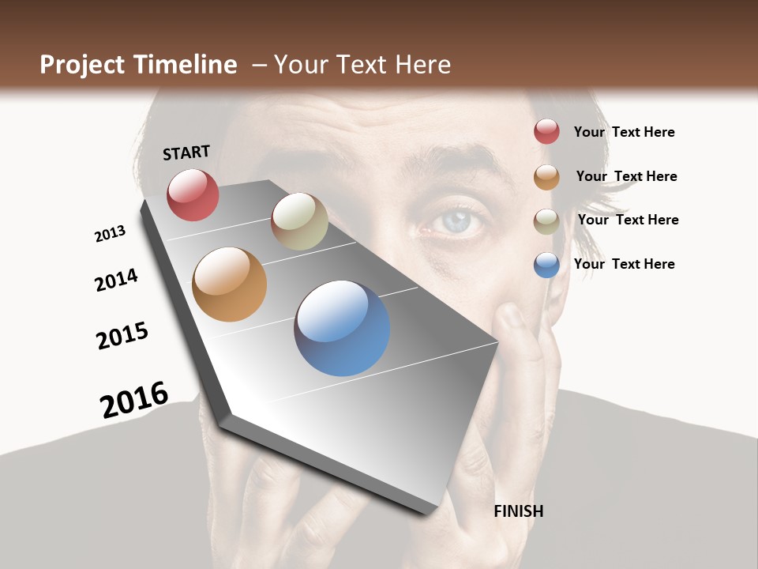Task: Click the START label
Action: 186,153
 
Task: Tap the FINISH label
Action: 519,511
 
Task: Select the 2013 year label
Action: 110,234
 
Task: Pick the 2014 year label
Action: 116,280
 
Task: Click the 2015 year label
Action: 122,336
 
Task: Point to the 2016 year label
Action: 134,399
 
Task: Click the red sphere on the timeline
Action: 193,194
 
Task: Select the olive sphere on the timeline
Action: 299,221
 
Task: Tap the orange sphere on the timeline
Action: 230,284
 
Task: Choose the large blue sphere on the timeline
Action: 342,328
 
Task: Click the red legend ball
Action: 546,131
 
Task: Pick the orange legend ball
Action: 546,176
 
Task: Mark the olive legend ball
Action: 546,220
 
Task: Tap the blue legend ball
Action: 546,265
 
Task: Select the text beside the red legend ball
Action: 624,132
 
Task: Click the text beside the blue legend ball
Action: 624,264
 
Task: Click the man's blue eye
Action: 455,222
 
